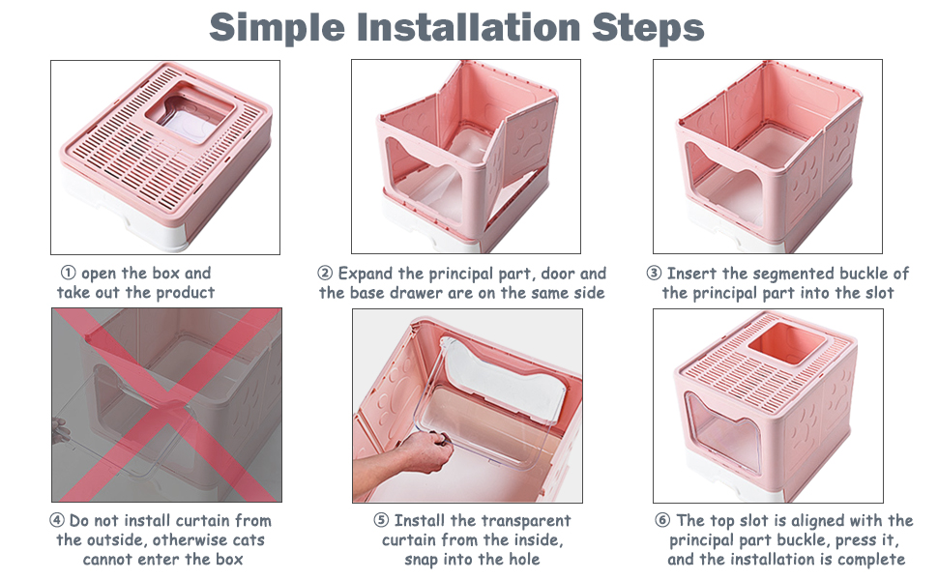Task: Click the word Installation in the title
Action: [x=468, y=27]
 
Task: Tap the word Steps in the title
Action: [x=648, y=29]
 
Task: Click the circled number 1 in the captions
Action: [x=69, y=273]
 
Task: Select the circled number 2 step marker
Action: [x=325, y=274]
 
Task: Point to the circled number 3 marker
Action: [x=654, y=274]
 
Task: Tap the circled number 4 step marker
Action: [x=57, y=520]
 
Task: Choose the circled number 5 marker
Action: [x=381, y=520]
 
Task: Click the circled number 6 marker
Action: [x=662, y=520]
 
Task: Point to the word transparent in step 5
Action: [x=526, y=521]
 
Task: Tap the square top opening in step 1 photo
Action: [x=190, y=113]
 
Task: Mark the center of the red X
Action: [x=167, y=405]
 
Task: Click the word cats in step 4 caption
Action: [x=249, y=540]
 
